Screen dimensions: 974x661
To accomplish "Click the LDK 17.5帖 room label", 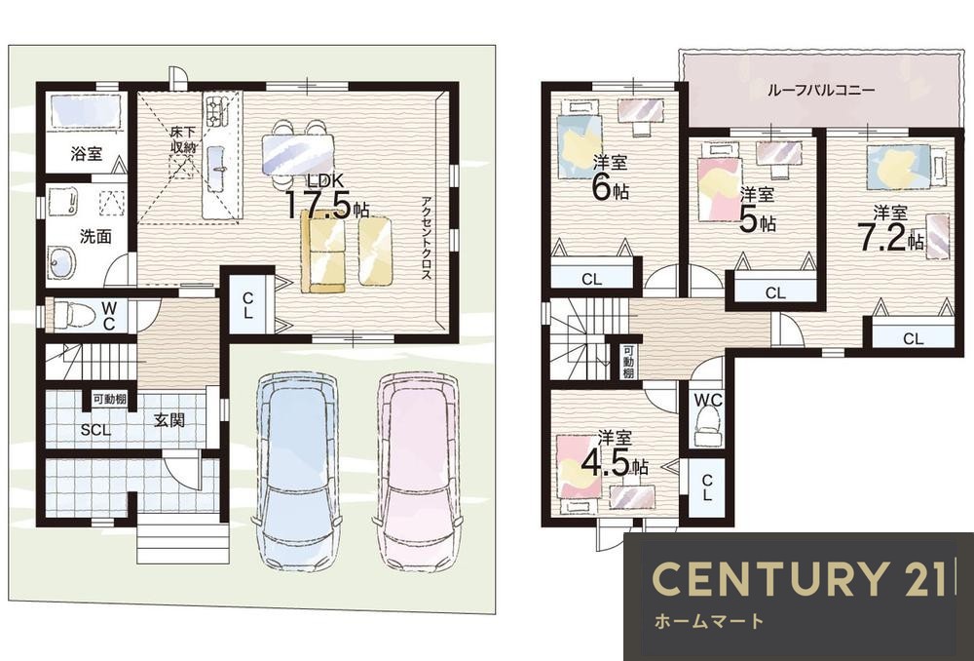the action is [x=326, y=198].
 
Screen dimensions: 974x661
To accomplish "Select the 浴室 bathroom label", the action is [x=87, y=153].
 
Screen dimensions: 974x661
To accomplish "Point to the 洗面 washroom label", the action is [x=95, y=236].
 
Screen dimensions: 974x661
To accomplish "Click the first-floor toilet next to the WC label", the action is [x=73, y=315].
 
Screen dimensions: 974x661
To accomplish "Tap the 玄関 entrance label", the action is [x=169, y=420].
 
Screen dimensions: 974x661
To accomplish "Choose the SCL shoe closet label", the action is [x=95, y=430].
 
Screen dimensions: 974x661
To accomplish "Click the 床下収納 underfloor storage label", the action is [x=184, y=140].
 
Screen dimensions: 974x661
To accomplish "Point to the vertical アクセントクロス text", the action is [x=427, y=238].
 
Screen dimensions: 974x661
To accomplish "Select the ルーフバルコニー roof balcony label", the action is [x=821, y=90].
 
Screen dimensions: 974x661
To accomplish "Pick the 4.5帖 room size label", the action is [x=615, y=462].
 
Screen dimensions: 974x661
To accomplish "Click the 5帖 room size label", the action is [x=757, y=219].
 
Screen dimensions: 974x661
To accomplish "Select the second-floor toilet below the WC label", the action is [x=707, y=427].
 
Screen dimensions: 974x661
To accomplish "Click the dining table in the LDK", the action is [x=298, y=154].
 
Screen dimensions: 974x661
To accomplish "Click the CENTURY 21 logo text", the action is [x=802, y=578].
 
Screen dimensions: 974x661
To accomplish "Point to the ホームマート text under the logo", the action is [x=708, y=621].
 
